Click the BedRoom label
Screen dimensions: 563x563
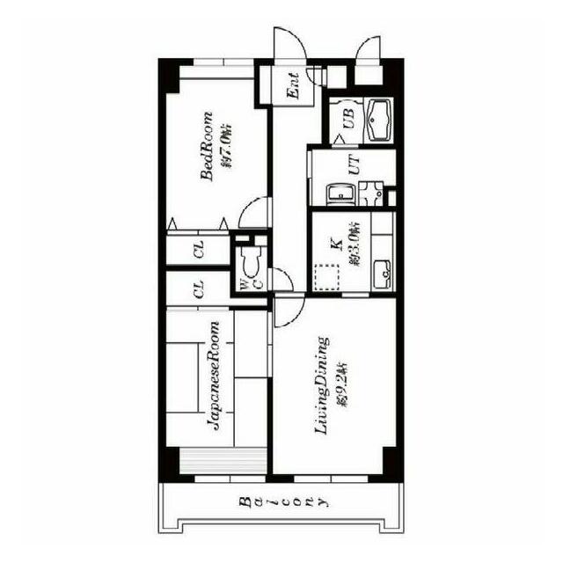pos(208,146)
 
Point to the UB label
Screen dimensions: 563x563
pos(348,121)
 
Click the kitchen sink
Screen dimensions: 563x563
pos(383,274)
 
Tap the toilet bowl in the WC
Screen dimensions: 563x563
pos(249,261)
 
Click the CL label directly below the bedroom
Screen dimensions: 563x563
pos(200,252)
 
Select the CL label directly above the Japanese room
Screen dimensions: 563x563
pos(200,289)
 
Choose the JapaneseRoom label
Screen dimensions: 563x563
pos(214,376)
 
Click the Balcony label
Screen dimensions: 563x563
pos(282,503)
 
